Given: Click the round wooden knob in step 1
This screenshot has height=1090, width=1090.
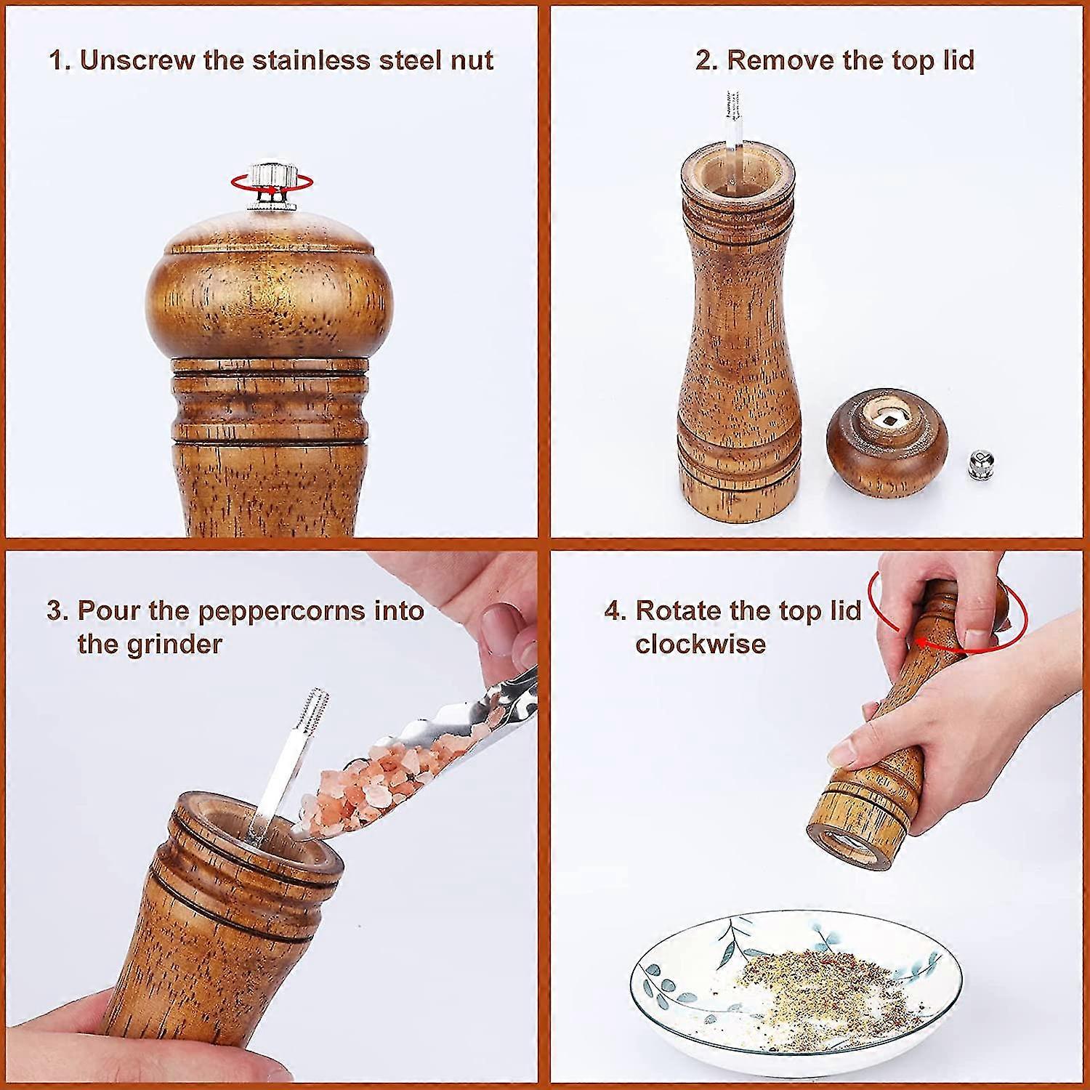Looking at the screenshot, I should tap(269, 287).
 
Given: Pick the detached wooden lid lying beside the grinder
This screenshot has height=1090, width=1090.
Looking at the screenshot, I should tap(887, 445).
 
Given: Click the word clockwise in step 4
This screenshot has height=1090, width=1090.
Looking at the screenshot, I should tap(700, 645).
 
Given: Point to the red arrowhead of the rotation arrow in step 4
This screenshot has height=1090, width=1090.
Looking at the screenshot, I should tap(921, 642).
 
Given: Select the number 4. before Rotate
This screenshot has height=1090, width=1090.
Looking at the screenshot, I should tap(615, 610).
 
